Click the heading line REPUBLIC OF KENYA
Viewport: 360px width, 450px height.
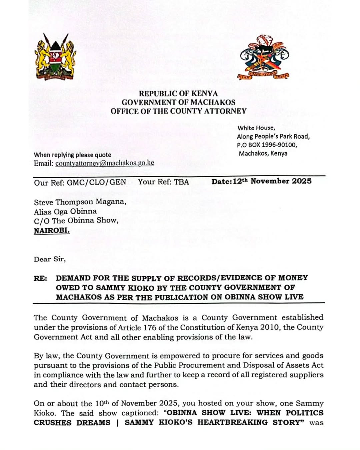point(178,94)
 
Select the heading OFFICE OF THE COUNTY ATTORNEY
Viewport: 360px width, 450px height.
point(178,111)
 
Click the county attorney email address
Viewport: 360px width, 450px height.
point(105,163)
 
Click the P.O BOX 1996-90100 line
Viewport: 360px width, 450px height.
point(267,145)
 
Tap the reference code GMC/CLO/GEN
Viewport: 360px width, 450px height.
point(96,182)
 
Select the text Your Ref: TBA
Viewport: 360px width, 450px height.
point(163,182)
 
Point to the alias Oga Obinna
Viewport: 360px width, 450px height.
point(76,211)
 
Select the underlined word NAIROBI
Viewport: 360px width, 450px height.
point(52,230)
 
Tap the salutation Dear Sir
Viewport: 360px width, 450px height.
point(50,259)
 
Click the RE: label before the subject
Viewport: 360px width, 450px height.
point(40,278)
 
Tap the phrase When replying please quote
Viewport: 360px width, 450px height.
point(72,155)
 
